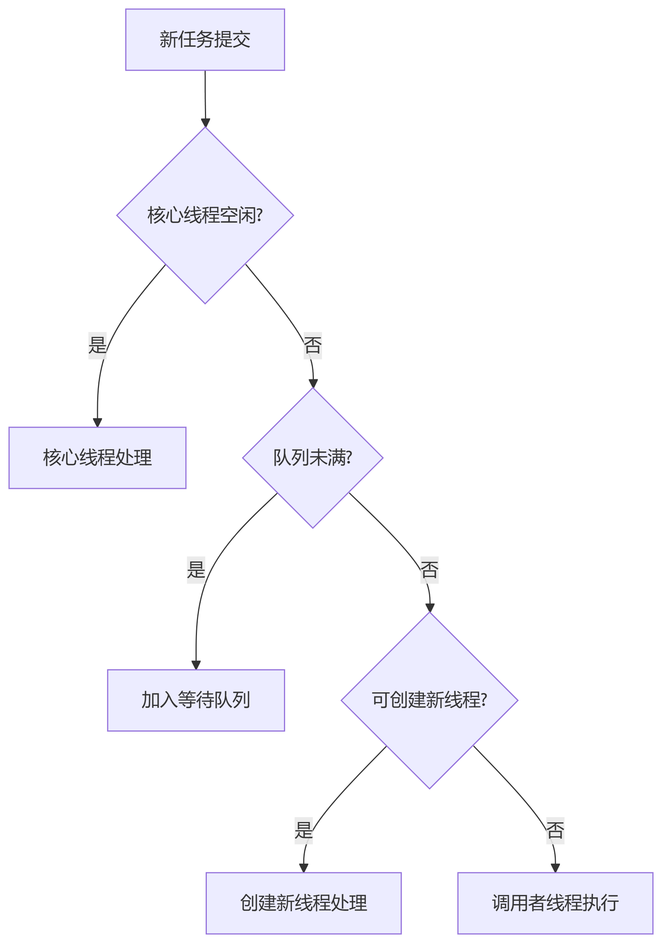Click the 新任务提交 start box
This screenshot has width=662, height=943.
click(205, 40)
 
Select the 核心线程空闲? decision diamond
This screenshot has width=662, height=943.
click(205, 215)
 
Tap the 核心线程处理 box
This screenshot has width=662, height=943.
click(97, 458)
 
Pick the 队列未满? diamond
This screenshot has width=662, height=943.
click(313, 458)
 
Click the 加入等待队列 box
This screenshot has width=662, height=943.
click(196, 700)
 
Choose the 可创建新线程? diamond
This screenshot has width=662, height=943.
click(429, 700)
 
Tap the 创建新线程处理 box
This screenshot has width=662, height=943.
click(304, 903)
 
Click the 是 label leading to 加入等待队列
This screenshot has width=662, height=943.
click(196, 570)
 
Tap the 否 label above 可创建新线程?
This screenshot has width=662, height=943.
click(429, 570)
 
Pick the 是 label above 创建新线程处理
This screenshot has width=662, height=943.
click(304, 830)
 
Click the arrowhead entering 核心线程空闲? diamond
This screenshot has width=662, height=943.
click(205, 123)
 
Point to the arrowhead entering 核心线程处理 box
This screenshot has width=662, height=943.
click(97, 423)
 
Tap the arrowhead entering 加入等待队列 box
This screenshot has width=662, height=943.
click(196, 665)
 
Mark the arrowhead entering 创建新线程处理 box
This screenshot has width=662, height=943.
click(304, 868)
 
